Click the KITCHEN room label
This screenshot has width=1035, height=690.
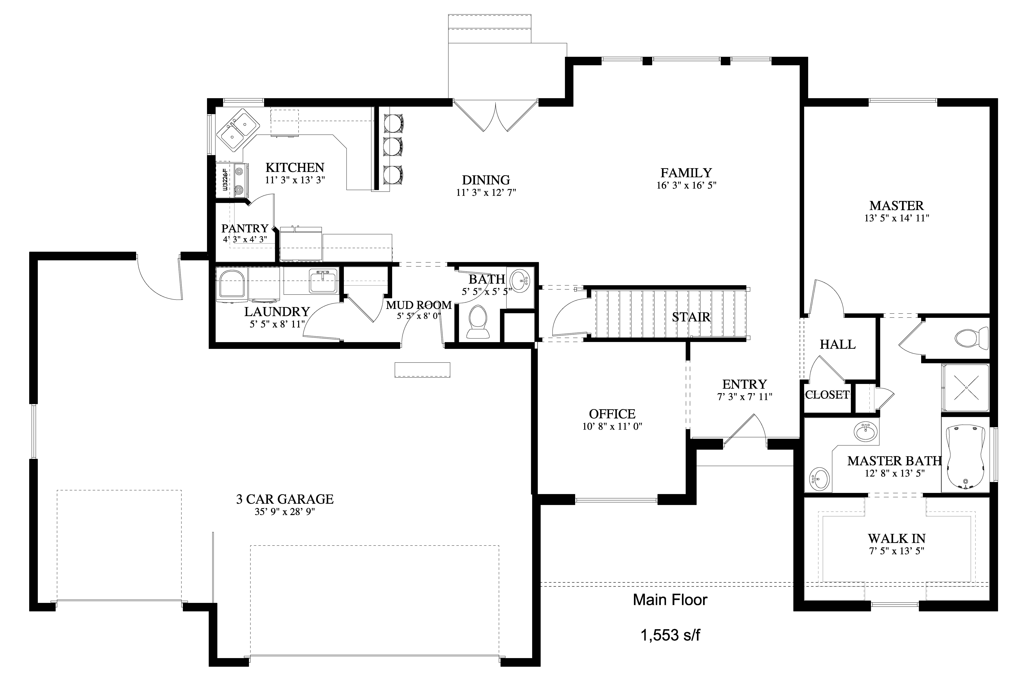[295, 168]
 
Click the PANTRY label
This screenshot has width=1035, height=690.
[245, 228]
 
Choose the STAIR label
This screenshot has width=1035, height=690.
[691, 317]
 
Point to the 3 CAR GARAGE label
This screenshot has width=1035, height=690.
[285, 499]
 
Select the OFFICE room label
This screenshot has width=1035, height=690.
[612, 414]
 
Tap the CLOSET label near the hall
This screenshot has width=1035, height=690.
[827, 395]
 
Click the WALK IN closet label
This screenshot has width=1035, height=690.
[896, 539]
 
